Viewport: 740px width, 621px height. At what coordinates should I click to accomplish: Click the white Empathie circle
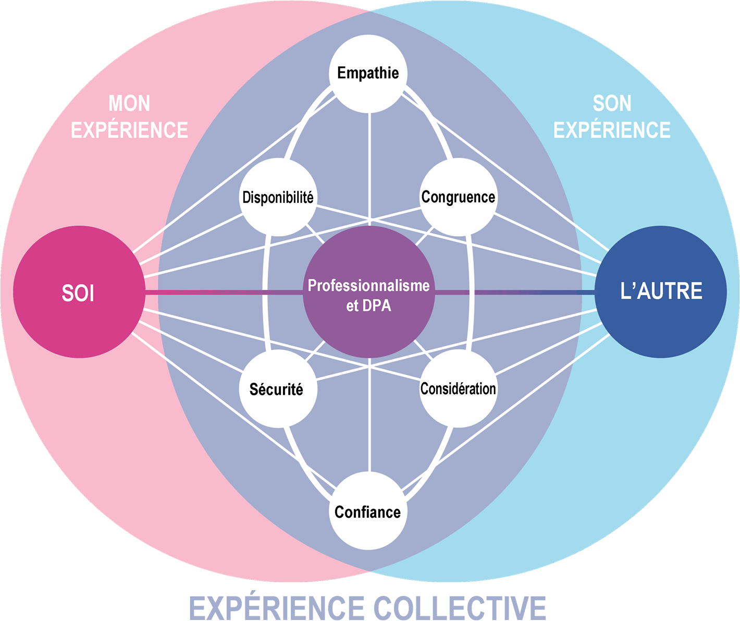tap(368, 73)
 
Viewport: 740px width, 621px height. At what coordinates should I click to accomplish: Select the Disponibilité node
tap(278, 197)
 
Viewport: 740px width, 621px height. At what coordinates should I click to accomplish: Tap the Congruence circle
tap(458, 197)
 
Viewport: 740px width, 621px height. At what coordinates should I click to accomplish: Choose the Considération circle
tap(458, 388)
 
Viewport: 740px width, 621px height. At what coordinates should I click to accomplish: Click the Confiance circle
tap(368, 512)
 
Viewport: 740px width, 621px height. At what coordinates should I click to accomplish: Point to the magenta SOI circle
tap(79, 292)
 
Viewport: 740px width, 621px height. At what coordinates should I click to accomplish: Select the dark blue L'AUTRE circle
tap(661, 291)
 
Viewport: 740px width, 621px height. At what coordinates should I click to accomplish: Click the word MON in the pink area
tap(129, 104)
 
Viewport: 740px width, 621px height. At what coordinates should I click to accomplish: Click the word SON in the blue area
tap(612, 104)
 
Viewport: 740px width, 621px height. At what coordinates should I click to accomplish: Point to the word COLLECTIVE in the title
tap(460, 607)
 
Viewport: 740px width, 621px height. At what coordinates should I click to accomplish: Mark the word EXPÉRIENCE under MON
tap(129, 130)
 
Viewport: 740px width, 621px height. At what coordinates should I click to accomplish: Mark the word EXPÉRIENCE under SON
tap(612, 130)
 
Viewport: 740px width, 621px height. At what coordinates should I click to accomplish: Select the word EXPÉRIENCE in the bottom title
tap(277, 607)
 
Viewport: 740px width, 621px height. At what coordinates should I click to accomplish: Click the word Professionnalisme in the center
tap(368, 286)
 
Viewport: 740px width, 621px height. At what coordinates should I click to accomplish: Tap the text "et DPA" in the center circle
tap(368, 306)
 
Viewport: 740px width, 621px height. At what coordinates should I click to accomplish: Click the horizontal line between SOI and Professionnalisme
tap(224, 293)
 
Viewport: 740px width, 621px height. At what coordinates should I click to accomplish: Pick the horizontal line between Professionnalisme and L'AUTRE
tap(516, 293)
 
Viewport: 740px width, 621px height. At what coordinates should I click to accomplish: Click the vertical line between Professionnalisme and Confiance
tap(369, 417)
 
